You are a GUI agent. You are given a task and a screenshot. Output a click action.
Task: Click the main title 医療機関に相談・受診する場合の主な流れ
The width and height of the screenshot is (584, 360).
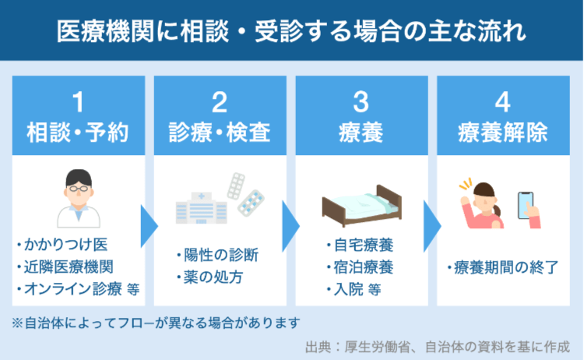[x=291, y=31]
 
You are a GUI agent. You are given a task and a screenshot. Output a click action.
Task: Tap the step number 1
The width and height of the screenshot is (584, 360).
[x=78, y=102]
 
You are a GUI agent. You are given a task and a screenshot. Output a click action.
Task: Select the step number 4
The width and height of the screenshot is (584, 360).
[x=502, y=102]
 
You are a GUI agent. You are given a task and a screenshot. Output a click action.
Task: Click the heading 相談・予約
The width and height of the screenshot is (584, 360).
[x=78, y=132]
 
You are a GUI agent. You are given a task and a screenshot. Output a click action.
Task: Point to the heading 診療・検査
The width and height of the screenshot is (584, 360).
[x=220, y=132]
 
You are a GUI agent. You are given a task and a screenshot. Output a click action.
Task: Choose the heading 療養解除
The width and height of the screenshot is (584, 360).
[x=503, y=132]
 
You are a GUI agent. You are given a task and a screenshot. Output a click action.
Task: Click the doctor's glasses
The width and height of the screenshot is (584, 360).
[x=79, y=189]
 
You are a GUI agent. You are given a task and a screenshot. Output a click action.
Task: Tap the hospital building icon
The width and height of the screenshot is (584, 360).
[x=201, y=208]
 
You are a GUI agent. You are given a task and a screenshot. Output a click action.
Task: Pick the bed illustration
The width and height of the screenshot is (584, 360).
[x=362, y=206]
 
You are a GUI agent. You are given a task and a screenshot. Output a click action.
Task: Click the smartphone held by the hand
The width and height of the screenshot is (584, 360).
[x=526, y=205]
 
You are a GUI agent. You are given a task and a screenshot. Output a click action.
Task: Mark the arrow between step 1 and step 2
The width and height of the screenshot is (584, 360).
[x=149, y=226]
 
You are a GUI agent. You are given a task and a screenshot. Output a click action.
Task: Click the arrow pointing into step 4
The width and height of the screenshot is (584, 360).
[x=432, y=226]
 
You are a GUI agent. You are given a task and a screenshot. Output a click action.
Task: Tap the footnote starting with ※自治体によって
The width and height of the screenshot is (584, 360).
[x=156, y=323]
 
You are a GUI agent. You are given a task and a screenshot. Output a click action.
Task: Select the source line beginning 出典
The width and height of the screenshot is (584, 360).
[x=438, y=347]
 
